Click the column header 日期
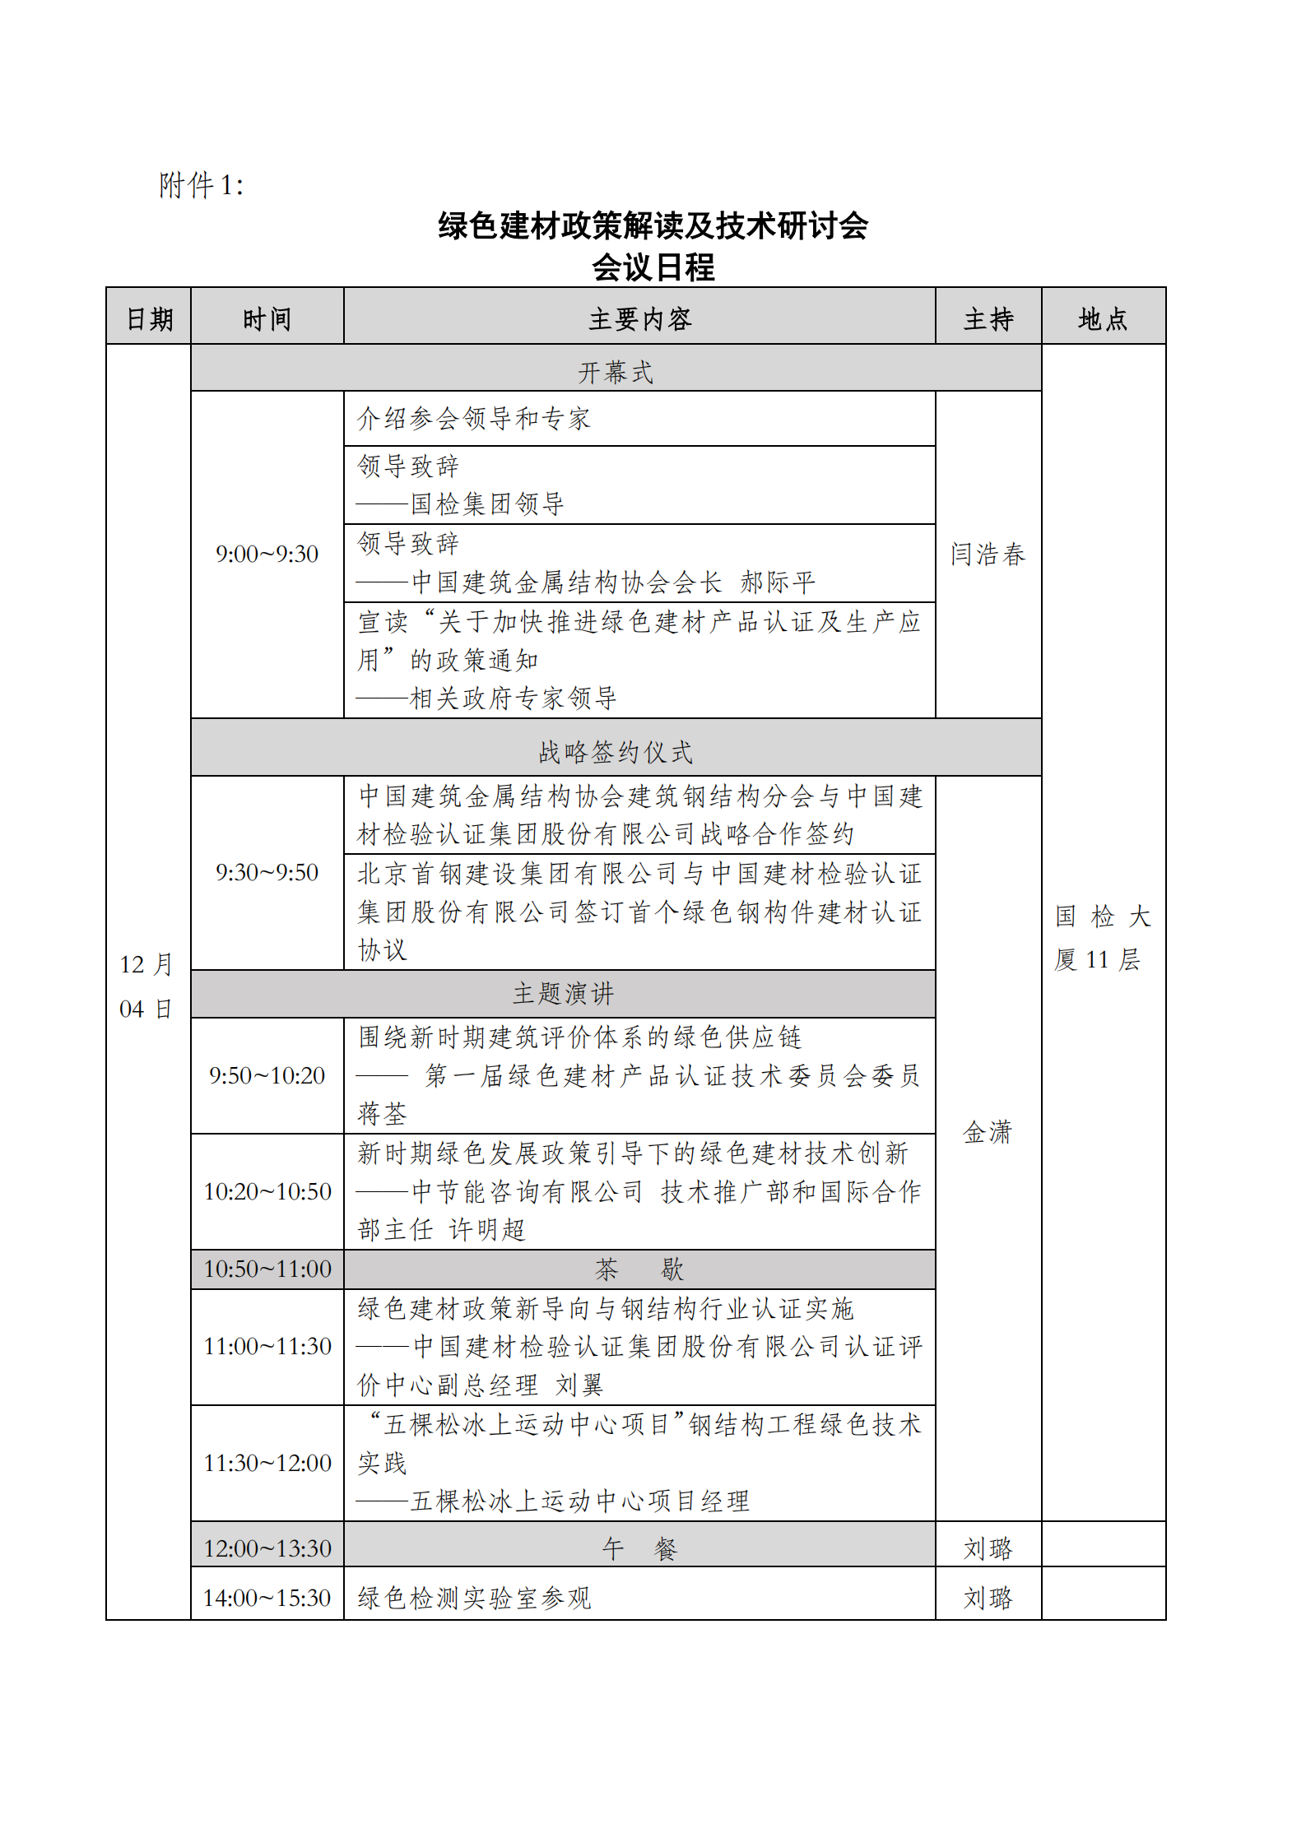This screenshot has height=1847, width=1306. click(x=149, y=318)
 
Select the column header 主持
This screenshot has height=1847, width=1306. click(x=988, y=318)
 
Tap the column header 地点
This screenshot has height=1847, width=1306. click(x=1103, y=318)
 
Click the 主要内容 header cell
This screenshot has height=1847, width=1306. click(x=639, y=318)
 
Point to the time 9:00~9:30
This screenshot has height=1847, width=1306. click(x=267, y=554)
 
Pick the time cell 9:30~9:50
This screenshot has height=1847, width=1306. click(x=267, y=872)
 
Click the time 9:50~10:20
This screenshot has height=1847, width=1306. click(x=267, y=1075)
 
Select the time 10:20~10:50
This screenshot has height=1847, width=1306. click(x=267, y=1191)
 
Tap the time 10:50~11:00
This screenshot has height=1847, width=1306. click(x=267, y=1269)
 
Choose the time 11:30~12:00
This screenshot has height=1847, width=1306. click(x=267, y=1463)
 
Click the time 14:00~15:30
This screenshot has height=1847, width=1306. click(x=267, y=1598)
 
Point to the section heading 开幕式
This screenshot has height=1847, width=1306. click(x=616, y=372)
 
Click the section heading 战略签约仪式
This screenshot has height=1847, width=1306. click(x=616, y=751)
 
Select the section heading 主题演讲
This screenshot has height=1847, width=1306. click(x=563, y=994)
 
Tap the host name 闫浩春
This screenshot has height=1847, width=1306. click(x=988, y=554)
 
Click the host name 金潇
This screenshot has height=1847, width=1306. click(x=988, y=1132)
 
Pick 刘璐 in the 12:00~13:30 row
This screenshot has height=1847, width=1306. click(x=988, y=1548)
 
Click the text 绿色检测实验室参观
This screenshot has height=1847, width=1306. click(x=474, y=1598)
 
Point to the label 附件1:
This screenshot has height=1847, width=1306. click(x=201, y=185)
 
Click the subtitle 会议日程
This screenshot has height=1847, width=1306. click(x=653, y=267)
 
